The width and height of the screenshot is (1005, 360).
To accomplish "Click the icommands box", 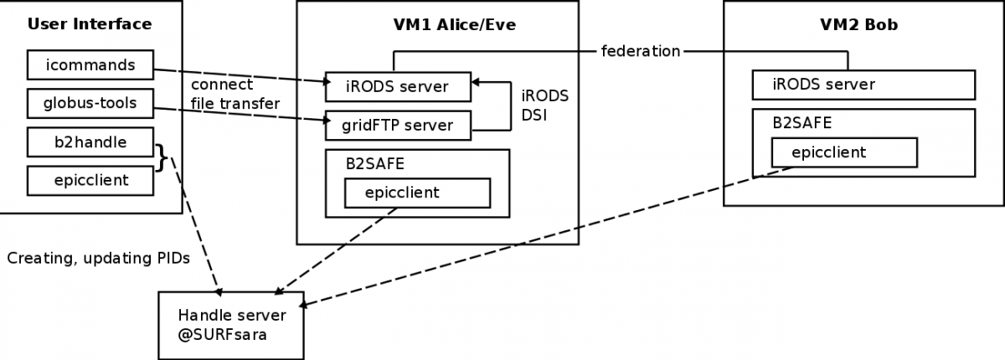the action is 90,65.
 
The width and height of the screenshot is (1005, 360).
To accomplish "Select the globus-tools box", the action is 90,104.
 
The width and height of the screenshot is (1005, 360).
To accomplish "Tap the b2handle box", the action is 90,142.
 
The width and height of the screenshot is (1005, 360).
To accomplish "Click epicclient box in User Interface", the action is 90,181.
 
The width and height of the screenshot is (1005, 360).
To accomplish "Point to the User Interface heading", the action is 90,24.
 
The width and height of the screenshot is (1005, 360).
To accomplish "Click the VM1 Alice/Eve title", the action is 455,24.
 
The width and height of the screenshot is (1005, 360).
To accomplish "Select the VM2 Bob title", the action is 858,24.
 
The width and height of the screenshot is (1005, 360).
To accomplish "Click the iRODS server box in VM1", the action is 398,86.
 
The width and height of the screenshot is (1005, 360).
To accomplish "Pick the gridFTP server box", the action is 398,126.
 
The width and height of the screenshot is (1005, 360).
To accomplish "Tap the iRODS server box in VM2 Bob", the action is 863,85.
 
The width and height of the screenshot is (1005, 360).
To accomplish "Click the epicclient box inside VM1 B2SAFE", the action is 417,193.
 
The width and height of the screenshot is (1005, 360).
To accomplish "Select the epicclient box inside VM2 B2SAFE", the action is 844,153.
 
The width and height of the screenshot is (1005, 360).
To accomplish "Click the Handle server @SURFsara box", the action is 231,326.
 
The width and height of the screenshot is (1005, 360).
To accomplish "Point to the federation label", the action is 641,52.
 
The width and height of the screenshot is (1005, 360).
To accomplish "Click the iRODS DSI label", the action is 544,105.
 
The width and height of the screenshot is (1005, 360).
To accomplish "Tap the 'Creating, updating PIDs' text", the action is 99,258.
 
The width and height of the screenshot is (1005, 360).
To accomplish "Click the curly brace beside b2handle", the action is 162,157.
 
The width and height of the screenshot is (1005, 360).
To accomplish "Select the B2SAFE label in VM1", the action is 375,164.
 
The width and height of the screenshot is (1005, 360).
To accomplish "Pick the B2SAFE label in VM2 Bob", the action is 802,123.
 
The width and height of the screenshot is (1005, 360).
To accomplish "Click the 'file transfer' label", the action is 235,104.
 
